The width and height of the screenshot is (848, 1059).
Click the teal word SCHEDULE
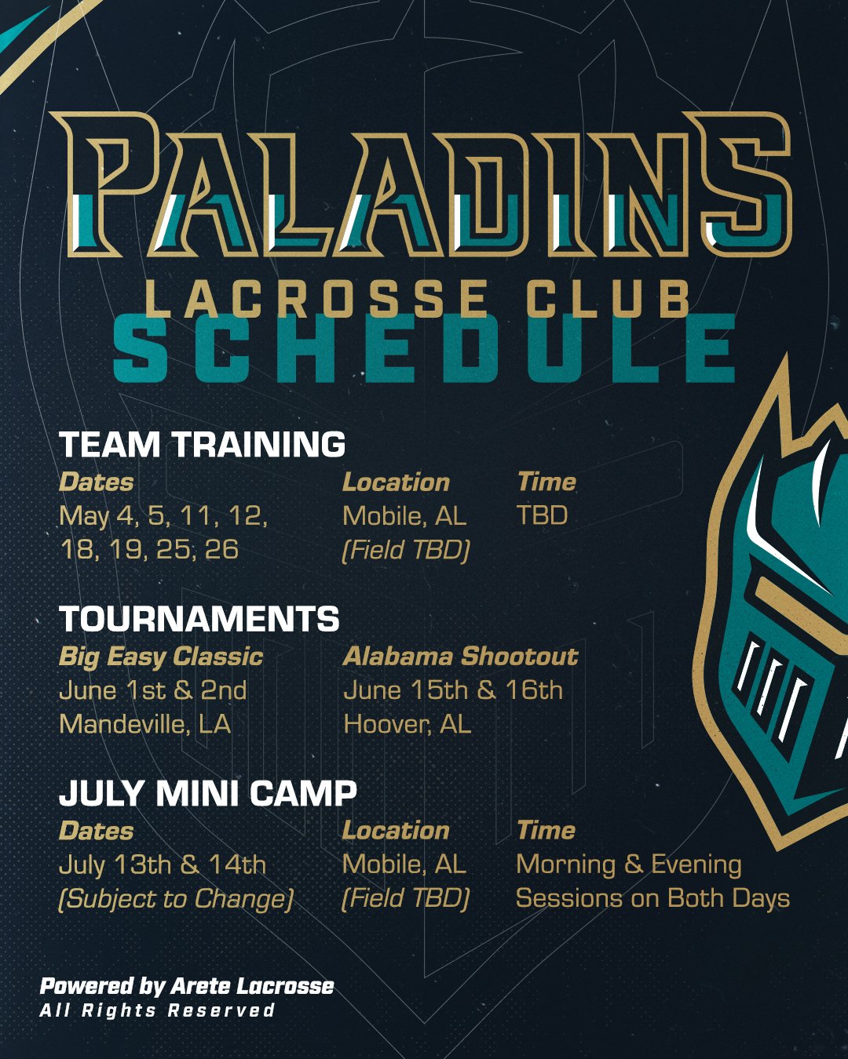(x=424, y=348)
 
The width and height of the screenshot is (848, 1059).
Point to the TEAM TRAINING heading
(x=202, y=444)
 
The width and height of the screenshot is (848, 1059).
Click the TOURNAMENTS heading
(x=199, y=618)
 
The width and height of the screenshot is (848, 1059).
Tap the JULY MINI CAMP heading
(x=207, y=793)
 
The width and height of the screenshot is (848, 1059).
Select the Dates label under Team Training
(x=96, y=482)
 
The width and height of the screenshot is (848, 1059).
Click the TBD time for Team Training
(x=543, y=515)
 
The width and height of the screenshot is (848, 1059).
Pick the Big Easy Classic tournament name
(x=161, y=657)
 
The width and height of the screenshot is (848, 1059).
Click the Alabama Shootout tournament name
(x=460, y=657)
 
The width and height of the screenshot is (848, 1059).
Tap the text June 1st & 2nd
(x=153, y=690)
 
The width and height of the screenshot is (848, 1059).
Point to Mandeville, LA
(x=144, y=724)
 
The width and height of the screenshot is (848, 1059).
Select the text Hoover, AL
(x=408, y=724)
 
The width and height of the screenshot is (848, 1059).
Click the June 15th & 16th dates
(x=453, y=690)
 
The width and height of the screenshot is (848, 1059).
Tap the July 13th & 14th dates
(x=163, y=865)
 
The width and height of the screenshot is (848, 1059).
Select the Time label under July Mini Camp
(x=546, y=832)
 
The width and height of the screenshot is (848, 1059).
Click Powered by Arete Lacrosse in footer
(x=187, y=986)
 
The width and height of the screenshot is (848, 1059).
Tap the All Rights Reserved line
(x=157, y=1011)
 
